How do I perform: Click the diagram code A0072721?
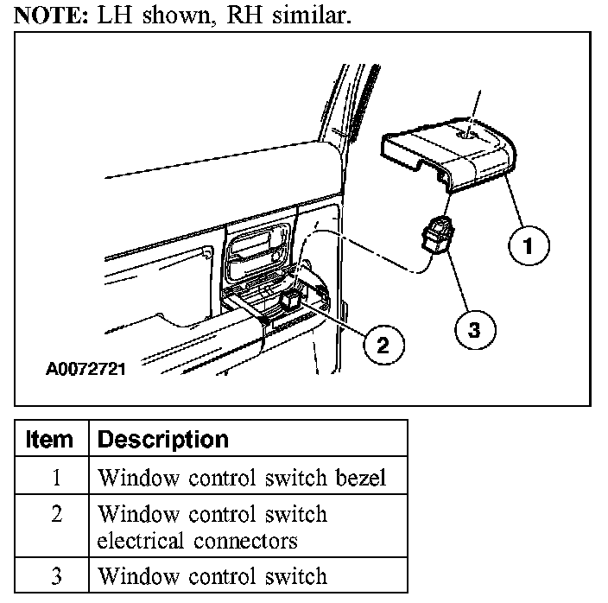pos(85,370)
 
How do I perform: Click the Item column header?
pos(49,439)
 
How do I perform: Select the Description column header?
pos(163,439)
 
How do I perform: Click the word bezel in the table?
pos(360,478)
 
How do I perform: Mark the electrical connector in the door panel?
pos(291,300)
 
